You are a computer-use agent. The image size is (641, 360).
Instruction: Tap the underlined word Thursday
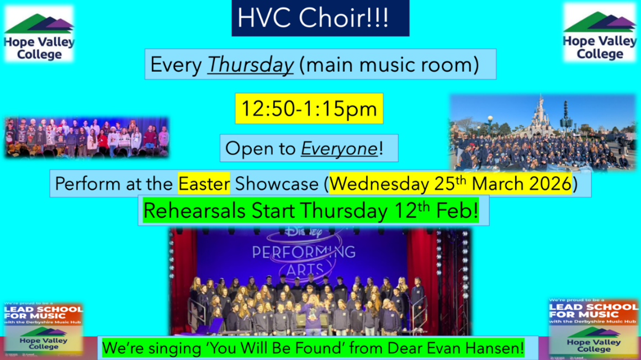click(x=250, y=65)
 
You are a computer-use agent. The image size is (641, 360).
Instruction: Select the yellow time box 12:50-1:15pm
click(x=309, y=109)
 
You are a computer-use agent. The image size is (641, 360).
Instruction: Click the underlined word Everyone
click(x=339, y=149)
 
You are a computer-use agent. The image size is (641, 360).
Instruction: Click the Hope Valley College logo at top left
click(x=39, y=34)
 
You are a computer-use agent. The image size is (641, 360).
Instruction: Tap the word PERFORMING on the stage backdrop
click(x=304, y=252)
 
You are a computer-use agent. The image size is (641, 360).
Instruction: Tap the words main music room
click(x=389, y=65)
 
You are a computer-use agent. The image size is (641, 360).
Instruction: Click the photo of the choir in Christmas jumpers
click(x=86, y=137)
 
